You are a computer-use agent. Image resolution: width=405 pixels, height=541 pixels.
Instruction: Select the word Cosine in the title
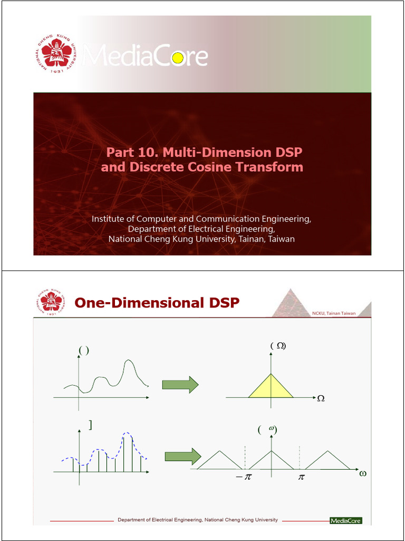pos(225,167)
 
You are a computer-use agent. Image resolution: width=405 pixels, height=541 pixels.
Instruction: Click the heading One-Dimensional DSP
pos(157,303)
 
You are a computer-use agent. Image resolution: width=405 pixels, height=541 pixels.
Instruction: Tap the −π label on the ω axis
pos(244,477)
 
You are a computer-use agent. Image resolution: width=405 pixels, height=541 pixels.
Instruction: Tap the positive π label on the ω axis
pos(301,477)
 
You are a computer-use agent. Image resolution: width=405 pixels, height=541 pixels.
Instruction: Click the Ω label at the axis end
pos(321,398)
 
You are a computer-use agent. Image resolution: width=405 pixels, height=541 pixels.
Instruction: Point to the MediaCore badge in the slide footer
pos(346,520)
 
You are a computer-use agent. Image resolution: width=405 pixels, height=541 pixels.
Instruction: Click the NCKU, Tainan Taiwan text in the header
pos(334,313)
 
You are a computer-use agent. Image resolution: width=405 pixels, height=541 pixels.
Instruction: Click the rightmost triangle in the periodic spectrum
pos(327,462)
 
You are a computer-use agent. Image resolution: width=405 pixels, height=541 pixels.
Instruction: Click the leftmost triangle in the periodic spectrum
pos(219,462)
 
